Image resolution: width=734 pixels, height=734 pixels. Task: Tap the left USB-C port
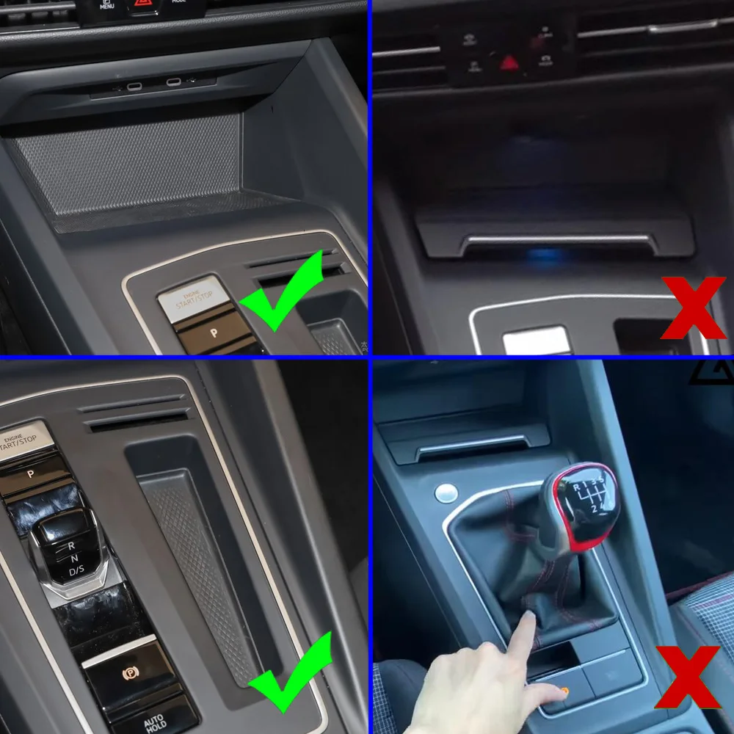134,86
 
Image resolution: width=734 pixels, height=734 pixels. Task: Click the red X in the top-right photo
693,308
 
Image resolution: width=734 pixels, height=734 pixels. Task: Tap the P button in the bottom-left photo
31,474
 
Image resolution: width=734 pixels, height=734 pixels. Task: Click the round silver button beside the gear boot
446,493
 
